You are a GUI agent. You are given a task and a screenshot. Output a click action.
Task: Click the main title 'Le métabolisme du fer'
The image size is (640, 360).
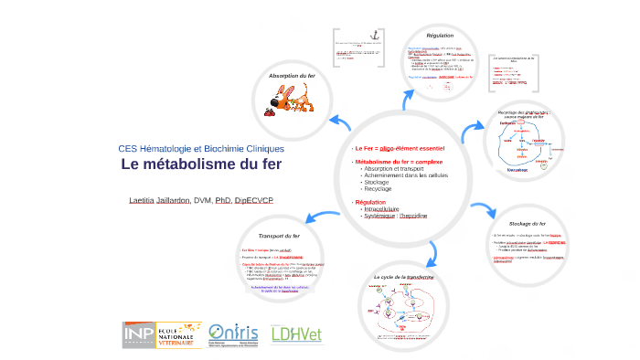point(201,165)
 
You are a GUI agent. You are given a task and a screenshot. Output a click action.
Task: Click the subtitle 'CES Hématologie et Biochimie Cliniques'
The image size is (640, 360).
point(201,149)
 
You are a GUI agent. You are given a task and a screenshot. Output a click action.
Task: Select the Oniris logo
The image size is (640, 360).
point(234,334)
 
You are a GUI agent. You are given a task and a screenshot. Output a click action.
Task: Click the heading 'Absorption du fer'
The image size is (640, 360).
point(292,75)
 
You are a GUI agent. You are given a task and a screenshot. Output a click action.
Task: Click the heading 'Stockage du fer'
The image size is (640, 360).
point(529,223)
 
